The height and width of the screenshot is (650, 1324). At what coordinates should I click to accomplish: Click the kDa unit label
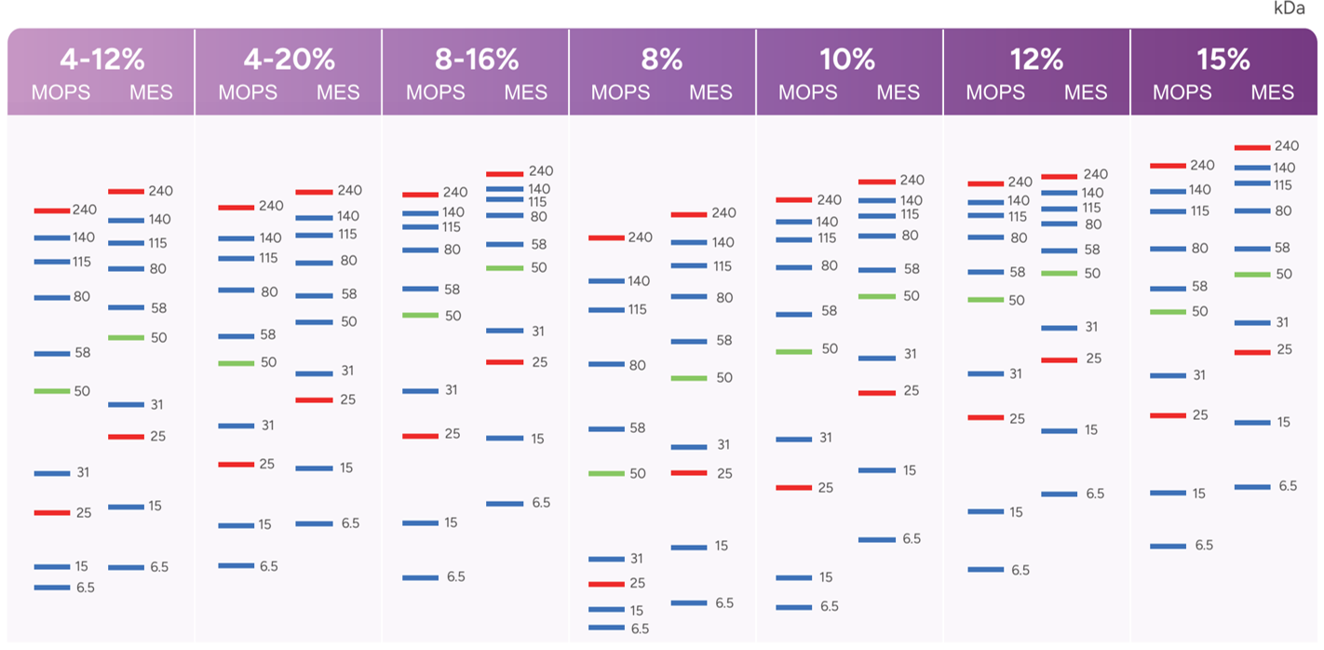click(1288, 8)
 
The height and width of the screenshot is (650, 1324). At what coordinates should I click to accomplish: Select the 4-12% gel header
click(102, 60)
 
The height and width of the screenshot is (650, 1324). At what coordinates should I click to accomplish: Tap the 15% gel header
click(1223, 60)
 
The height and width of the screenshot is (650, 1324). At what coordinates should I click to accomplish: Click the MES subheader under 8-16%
click(526, 93)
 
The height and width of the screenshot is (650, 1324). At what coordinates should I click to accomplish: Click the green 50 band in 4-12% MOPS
click(52, 391)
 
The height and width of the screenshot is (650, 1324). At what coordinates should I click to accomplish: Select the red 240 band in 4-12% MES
click(126, 192)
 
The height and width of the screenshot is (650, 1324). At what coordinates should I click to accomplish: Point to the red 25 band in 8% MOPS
click(606, 584)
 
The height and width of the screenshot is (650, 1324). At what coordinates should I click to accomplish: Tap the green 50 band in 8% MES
click(689, 378)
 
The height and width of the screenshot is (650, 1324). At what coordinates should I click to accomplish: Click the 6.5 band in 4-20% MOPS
click(236, 566)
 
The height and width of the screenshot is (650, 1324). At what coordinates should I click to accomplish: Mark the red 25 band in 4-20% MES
click(314, 400)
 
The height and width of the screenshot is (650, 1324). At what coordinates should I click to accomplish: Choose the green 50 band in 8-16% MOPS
click(420, 316)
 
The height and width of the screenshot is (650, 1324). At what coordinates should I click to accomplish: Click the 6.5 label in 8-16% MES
click(541, 503)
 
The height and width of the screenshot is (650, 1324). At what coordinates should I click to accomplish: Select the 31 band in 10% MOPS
click(794, 439)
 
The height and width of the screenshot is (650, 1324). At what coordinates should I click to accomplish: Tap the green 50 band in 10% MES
click(876, 296)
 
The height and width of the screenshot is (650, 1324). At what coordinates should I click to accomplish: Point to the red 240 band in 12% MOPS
click(985, 183)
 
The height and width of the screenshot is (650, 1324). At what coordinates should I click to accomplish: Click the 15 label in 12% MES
click(1091, 430)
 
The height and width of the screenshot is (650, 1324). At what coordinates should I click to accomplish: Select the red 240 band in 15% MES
click(1252, 147)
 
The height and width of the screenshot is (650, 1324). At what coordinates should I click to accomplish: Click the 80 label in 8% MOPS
click(637, 365)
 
